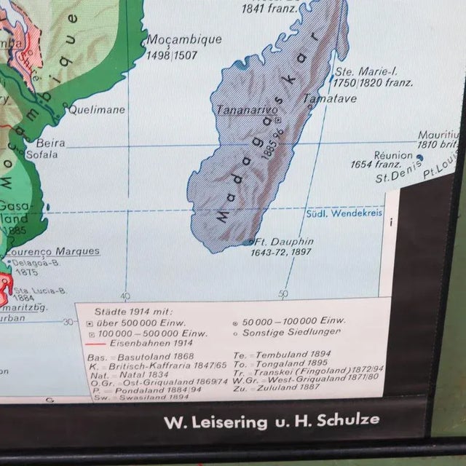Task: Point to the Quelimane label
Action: click(96, 110)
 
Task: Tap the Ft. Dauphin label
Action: click(285, 241)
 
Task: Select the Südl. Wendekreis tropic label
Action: click(341, 213)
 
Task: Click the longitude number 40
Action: click(125, 296)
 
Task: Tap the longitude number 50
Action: click(283, 294)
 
